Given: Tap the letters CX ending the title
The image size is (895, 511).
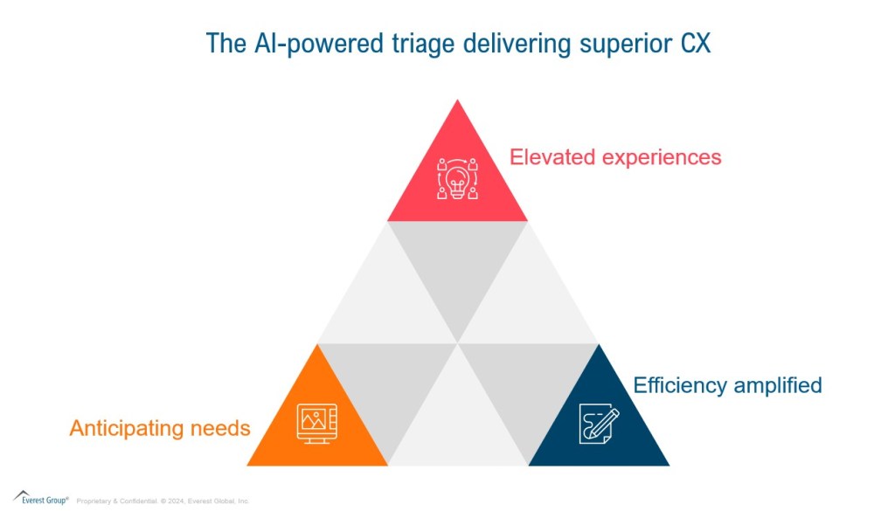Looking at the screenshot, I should coord(695,43).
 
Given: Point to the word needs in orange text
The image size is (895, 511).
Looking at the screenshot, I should coord(222,429).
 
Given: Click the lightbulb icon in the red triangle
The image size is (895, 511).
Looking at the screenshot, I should coord(458,179).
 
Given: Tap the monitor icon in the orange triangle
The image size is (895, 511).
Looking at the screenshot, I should coord(316,424).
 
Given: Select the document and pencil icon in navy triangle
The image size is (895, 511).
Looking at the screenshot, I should coord(599,424).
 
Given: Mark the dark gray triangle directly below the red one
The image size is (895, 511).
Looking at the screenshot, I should coord(458,262).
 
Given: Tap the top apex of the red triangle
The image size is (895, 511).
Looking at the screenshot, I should coord(458,101).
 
